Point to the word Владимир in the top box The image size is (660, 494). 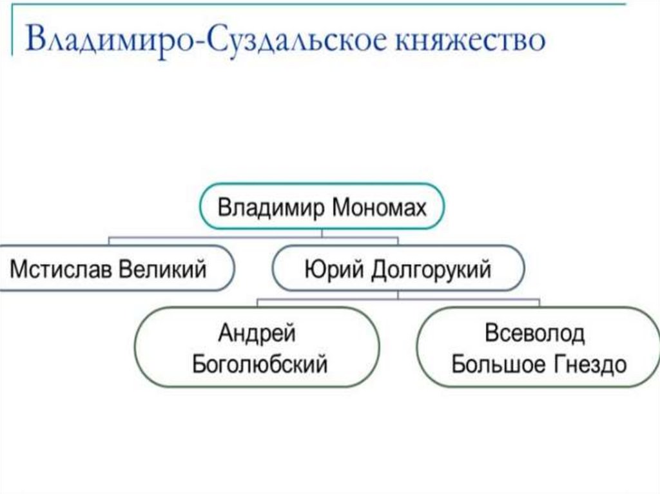coord(271,209)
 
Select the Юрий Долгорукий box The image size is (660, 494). coord(398,268)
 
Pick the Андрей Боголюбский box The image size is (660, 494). coord(259,348)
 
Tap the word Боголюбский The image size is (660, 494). coord(260,364)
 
